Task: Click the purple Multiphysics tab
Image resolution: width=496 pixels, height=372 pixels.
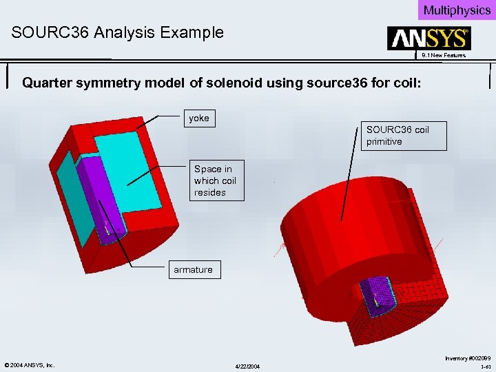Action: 457,10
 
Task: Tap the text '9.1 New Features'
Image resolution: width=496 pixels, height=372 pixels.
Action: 444,55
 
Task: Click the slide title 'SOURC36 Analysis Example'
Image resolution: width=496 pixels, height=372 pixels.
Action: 117,32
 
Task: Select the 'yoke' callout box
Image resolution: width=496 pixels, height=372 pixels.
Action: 199,118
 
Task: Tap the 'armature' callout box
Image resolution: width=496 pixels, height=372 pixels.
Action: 194,269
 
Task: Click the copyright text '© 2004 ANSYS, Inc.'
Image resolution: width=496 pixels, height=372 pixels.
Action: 30,364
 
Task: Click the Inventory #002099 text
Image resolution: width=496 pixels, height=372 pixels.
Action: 468,358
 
